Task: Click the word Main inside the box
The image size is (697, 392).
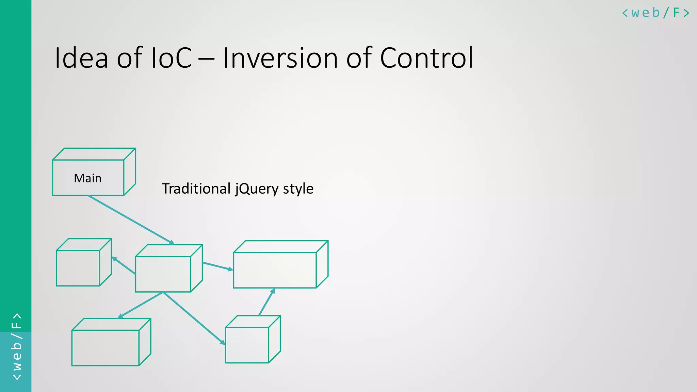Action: (x=88, y=178)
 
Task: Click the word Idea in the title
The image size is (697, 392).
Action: (x=81, y=58)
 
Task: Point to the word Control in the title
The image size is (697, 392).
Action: (x=426, y=58)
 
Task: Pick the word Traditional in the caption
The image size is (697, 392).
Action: (x=196, y=189)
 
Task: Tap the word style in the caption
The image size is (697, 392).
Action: (x=298, y=189)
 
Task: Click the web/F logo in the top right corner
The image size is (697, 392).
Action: (x=655, y=13)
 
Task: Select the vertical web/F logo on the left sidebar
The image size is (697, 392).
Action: (x=16, y=346)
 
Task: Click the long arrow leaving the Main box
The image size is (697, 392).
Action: (x=131, y=220)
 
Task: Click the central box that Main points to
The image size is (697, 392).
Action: (x=163, y=274)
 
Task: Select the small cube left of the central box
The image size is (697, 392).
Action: (x=78, y=268)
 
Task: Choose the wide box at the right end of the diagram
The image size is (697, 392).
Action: (x=275, y=270)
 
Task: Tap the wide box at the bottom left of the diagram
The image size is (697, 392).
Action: (x=106, y=347)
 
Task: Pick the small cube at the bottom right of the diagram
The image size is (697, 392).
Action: (x=247, y=345)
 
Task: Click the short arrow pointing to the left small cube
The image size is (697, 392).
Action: (x=124, y=265)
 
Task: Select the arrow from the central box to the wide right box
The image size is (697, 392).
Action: (x=218, y=266)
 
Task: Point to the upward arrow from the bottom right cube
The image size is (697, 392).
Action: (x=266, y=302)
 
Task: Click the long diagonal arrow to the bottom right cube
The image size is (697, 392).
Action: (x=194, y=318)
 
